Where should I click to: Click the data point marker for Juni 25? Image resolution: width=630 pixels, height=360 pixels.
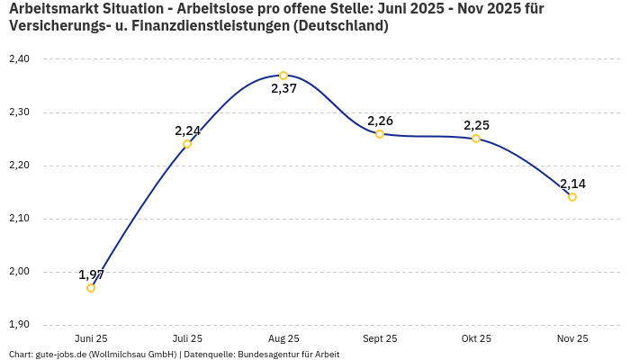pyautogui.click(x=91, y=288)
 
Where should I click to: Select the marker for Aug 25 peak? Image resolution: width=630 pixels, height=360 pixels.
pyautogui.click(x=283, y=76)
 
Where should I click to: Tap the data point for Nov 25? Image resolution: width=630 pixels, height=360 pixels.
pyautogui.click(x=572, y=197)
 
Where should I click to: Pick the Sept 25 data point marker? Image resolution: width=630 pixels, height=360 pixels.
pyautogui.click(x=380, y=134)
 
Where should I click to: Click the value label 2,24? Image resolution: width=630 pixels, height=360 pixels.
pyautogui.click(x=187, y=130)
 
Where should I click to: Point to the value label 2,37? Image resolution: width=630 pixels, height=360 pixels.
pyautogui.click(x=283, y=89)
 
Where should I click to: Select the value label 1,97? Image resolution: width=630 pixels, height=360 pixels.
pyautogui.click(x=91, y=274)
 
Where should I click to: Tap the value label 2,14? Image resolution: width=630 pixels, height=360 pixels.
pyautogui.click(x=572, y=184)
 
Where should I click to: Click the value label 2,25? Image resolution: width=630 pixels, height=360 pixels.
pyautogui.click(x=476, y=125)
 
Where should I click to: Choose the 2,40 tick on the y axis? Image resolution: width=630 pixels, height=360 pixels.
pyautogui.click(x=18, y=59)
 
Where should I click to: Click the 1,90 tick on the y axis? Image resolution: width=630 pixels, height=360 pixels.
pyautogui.click(x=18, y=325)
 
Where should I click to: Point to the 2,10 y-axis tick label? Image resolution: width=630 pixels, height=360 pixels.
pyautogui.click(x=18, y=219)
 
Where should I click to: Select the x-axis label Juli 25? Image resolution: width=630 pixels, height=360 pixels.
pyautogui.click(x=187, y=339)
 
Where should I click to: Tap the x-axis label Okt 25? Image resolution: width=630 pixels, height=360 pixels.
pyautogui.click(x=476, y=339)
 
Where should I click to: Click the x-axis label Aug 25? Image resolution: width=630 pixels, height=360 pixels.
pyautogui.click(x=283, y=339)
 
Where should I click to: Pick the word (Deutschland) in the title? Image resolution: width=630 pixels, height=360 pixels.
pyautogui.click(x=341, y=26)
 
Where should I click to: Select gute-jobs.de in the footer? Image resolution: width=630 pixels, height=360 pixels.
pyautogui.click(x=61, y=355)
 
